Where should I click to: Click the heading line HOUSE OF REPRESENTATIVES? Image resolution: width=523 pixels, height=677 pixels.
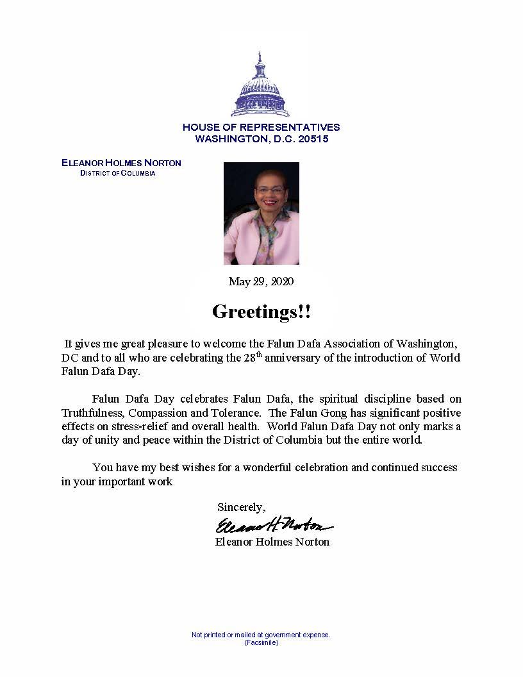261,128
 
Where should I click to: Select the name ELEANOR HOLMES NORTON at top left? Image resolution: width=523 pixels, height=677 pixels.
121,163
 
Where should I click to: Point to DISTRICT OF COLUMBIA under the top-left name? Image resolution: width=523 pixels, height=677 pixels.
117,174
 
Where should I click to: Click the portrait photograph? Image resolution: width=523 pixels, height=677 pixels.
261,213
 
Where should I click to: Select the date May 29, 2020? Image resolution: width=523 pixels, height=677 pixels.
261,281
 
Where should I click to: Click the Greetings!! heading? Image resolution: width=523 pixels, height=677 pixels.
261,312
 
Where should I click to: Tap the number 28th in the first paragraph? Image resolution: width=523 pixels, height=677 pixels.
254,357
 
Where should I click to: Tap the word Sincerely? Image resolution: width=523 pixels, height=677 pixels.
241,507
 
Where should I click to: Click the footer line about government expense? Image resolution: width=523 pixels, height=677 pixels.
261,635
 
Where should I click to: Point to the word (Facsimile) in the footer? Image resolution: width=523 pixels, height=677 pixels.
261,642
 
